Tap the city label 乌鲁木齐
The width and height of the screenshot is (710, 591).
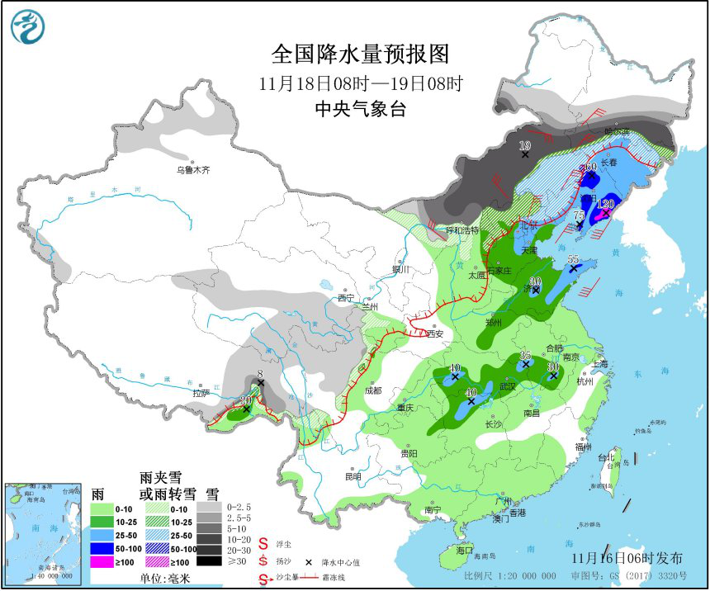coord(193,170)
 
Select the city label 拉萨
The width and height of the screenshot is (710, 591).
coord(201,394)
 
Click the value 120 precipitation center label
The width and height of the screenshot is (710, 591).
coord(606,203)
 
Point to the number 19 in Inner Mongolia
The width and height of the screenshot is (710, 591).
coord(524,146)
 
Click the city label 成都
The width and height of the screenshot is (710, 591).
coord(372,390)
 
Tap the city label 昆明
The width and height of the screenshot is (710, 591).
coord(353,476)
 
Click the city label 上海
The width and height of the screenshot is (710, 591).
coord(599,364)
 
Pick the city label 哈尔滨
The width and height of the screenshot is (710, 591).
coord(616,131)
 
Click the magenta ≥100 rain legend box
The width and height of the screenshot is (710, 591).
coord(101,562)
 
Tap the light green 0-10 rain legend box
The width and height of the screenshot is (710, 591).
coord(101,509)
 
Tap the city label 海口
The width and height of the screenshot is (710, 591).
coord(464,550)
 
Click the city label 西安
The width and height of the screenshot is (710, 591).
coord(433,333)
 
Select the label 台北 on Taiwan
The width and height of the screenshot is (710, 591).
coord(607,456)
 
